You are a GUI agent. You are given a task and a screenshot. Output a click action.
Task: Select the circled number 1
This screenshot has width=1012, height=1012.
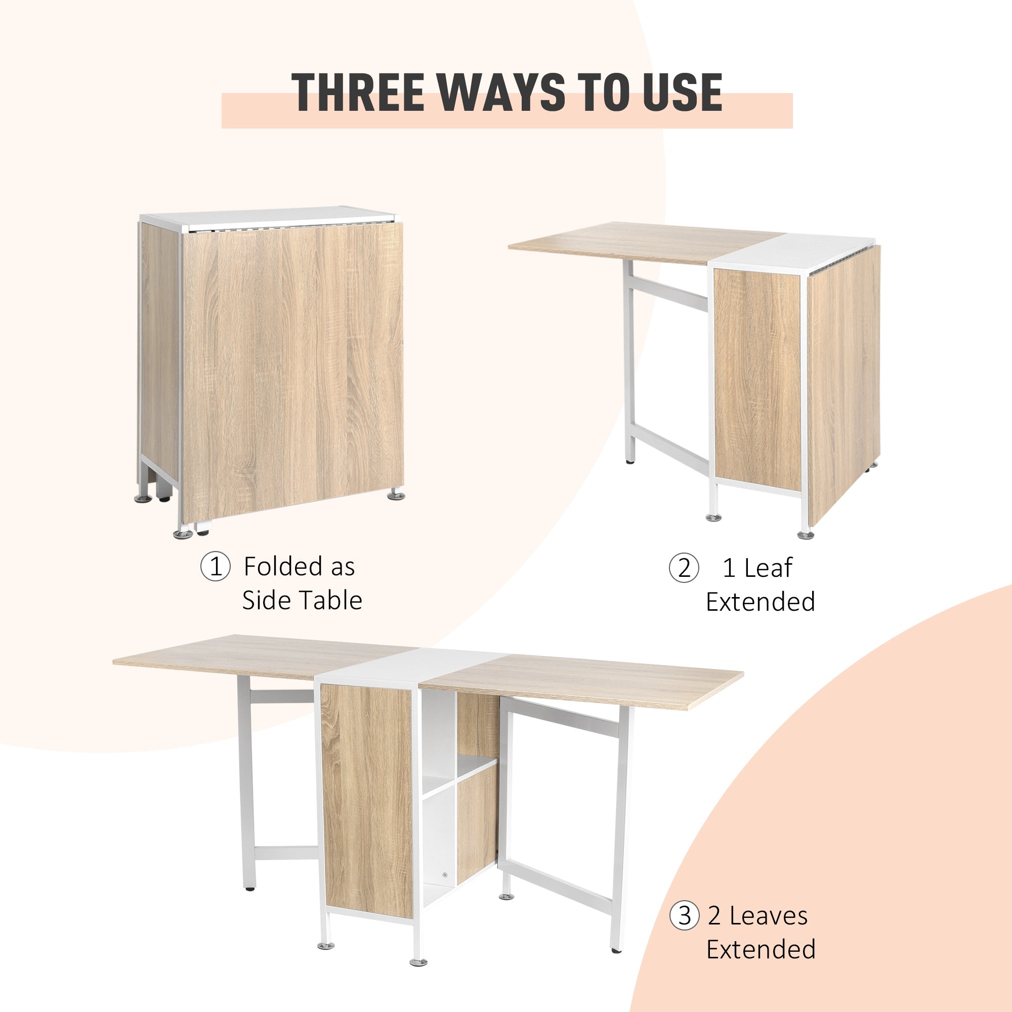(x=215, y=567)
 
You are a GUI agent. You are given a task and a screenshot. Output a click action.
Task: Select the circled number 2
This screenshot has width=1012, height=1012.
(x=684, y=568)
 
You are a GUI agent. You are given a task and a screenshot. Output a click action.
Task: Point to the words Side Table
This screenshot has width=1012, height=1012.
(x=302, y=601)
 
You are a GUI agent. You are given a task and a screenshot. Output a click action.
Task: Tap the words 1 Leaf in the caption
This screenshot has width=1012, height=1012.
(x=757, y=568)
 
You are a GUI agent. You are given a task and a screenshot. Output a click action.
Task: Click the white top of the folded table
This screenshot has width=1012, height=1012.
(x=267, y=217)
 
